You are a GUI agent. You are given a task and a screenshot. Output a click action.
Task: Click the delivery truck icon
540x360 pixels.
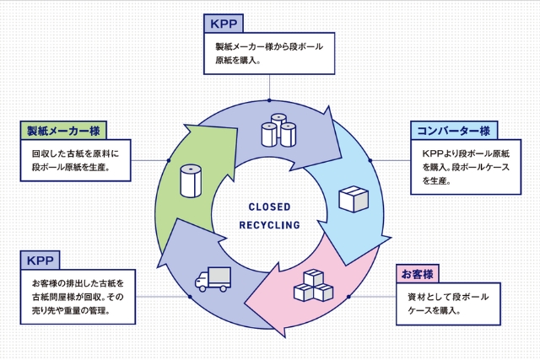point(212,279)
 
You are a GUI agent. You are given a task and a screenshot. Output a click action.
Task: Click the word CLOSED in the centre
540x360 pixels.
point(269,207)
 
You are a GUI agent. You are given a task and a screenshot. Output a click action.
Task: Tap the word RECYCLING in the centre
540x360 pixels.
point(269,225)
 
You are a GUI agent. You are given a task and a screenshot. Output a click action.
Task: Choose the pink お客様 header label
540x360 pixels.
point(417,275)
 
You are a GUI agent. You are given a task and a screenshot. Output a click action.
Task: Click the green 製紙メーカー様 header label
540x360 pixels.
point(64,131)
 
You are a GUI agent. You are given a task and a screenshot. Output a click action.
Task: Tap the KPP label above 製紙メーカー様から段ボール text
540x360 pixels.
point(222,23)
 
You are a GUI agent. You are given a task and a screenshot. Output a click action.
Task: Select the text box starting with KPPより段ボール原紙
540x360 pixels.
point(465,168)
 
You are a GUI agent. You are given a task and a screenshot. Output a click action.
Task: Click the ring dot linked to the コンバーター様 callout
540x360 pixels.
point(371,160)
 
